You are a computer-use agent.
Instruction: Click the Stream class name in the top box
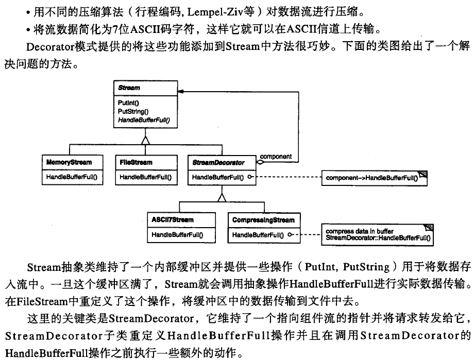pyautogui.click(x=129, y=88)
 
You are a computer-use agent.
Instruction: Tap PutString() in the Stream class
pyautogui.click(x=133, y=111)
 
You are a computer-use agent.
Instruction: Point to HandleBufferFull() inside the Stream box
pyautogui.click(x=144, y=119)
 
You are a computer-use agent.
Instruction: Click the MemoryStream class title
pyautogui.click(x=69, y=162)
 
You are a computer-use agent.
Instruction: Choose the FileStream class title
pyautogui.click(x=136, y=162)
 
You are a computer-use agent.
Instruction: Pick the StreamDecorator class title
pyautogui.click(x=218, y=162)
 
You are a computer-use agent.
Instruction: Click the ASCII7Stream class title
pyautogui.click(x=173, y=220)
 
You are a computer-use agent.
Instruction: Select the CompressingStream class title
pyautogui.click(x=263, y=220)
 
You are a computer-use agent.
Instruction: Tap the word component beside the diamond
pyautogui.click(x=276, y=156)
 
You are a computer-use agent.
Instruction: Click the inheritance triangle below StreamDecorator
pyautogui.click(x=222, y=196)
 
